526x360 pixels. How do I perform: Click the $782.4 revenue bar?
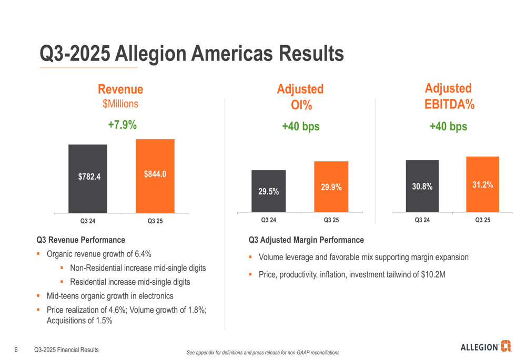click(88, 179)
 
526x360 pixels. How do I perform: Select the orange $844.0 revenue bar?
click(155, 176)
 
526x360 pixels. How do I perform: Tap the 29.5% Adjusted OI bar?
click(268, 191)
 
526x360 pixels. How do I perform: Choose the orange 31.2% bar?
click(482, 184)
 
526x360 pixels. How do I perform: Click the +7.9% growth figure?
click(122, 125)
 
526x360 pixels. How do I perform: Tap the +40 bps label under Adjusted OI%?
click(300, 127)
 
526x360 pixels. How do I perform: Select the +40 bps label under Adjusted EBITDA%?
click(448, 127)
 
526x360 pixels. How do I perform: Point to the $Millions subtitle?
click(120, 104)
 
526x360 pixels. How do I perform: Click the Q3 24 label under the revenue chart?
click(88, 221)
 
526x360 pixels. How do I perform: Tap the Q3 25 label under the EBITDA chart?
click(482, 220)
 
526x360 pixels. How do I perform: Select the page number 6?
click(16, 350)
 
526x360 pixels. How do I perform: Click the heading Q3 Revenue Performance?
click(80, 240)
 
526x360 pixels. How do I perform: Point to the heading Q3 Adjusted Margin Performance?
click(306, 240)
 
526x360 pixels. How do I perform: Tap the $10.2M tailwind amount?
click(433, 274)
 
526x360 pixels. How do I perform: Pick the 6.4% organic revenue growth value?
click(143, 254)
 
